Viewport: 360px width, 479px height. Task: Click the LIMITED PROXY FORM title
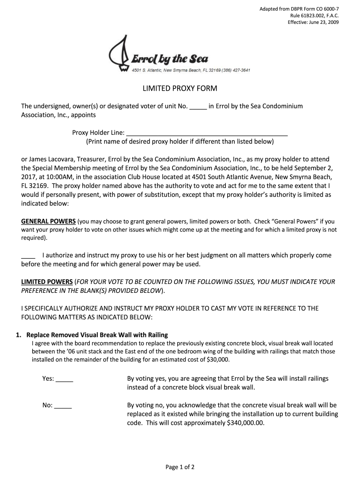click(x=180, y=89)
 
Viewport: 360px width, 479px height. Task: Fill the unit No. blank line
click(x=198, y=107)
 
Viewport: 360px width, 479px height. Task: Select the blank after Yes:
click(x=65, y=379)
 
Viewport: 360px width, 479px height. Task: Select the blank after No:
click(x=63, y=406)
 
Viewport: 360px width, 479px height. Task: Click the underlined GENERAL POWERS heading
click(x=49, y=221)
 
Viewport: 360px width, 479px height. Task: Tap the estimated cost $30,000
click(x=218, y=360)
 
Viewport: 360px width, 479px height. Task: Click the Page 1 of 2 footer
click(x=180, y=467)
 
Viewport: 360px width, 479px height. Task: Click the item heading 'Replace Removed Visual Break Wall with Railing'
click(x=97, y=335)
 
